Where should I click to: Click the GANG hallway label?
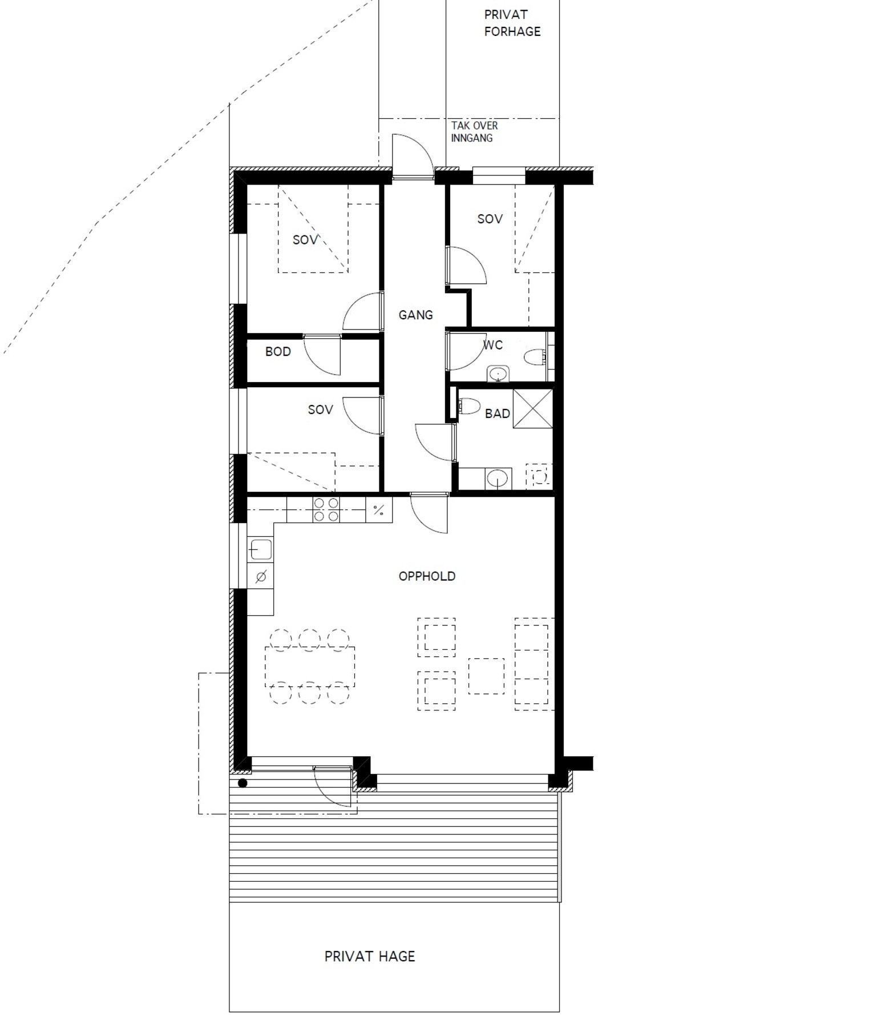tap(415, 315)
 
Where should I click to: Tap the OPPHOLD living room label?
tap(427, 576)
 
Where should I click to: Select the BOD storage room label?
tap(278, 352)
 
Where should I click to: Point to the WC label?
tap(492, 345)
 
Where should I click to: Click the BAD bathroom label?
tap(497, 413)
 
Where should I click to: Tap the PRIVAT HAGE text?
tap(370, 956)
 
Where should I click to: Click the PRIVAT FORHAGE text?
tap(512, 23)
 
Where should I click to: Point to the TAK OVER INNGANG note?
tap(474, 131)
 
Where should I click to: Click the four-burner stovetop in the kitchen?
tap(326, 509)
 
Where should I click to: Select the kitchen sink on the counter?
tap(260, 549)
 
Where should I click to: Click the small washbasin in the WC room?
tap(499, 374)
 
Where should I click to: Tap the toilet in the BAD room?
tap(470, 406)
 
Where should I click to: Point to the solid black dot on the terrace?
tap(242, 783)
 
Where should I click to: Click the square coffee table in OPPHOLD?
tap(486, 676)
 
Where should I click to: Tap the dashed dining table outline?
tap(310, 667)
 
